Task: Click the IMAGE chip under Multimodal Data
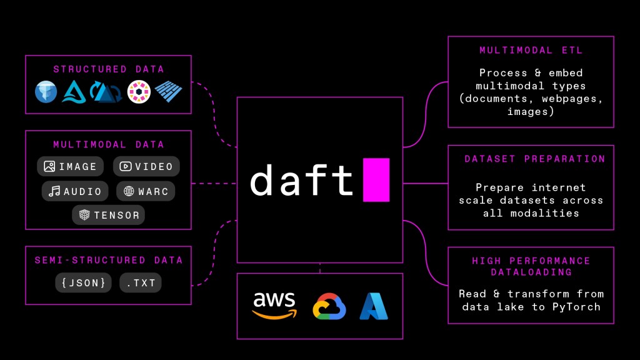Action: click(x=71, y=166)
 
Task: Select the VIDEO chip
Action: click(x=146, y=166)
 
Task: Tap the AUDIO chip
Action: click(x=75, y=191)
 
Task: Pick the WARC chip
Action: click(x=146, y=191)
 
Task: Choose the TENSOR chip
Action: click(x=108, y=215)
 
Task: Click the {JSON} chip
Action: click(x=83, y=282)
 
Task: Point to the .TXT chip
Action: click(x=141, y=282)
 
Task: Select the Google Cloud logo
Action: click(x=329, y=306)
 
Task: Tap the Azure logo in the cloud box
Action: click(x=374, y=306)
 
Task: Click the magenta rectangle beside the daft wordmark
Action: click(x=376, y=180)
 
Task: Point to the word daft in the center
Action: click(x=302, y=180)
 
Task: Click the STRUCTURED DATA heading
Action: click(x=108, y=69)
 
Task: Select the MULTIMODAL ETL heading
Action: click(x=531, y=50)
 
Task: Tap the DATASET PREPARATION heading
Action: click(x=534, y=159)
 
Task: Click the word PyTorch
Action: click(x=576, y=306)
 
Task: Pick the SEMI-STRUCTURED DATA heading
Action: click(x=108, y=260)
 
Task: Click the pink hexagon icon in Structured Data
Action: click(x=138, y=92)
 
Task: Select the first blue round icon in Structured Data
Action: click(x=46, y=92)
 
